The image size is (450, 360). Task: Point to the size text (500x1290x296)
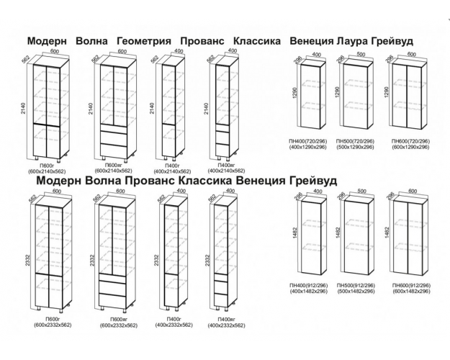coord(356,147)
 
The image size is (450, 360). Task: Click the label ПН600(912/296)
coord(411,286)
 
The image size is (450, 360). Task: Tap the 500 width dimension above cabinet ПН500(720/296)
coord(361,53)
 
